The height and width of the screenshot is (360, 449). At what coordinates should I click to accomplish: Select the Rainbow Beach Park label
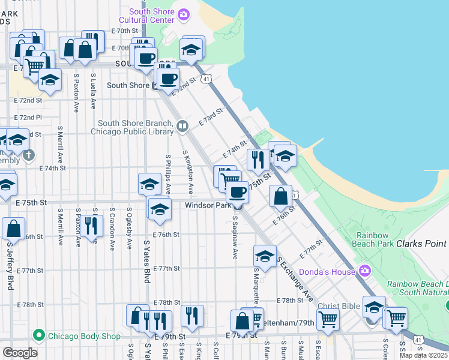click(x=382, y=244)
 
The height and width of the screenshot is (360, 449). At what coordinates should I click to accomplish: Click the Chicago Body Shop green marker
click(x=39, y=335)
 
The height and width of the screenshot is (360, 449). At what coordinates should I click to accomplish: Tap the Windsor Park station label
click(x=208, y=205)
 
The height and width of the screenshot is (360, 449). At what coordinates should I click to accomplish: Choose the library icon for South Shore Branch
click(x=182, y=126)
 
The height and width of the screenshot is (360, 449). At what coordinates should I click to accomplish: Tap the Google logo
click(x=19, y=353)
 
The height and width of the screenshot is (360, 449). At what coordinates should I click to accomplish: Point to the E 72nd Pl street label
click(x=28, y=117)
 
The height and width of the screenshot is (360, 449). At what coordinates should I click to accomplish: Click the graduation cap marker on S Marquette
click(x=265, y=256)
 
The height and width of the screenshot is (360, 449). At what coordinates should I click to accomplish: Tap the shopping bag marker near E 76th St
click(x=280, y=195)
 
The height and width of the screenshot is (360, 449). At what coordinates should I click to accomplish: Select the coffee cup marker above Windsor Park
click(x=238, y=192)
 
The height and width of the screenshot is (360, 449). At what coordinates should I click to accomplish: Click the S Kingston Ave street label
click(x=189, y=172)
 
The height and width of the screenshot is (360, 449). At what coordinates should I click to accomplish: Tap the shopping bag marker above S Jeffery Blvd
click(x=13, y=229)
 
